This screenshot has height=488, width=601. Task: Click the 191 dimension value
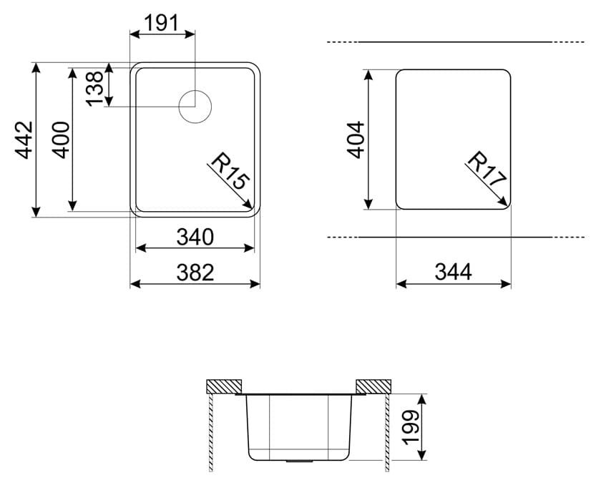click(162, 24)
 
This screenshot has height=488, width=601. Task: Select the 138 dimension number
click(94, 89)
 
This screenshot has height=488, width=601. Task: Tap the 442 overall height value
click(24, 140)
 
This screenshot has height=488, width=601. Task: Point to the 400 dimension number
click(61, 140)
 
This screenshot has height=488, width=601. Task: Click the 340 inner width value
click(195, 237)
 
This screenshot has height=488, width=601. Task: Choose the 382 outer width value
click(195, 273)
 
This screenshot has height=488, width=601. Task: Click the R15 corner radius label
click(230, 170)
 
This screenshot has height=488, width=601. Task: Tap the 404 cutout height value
click(356, 140)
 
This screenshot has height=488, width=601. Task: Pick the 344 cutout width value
click(453, 272)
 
